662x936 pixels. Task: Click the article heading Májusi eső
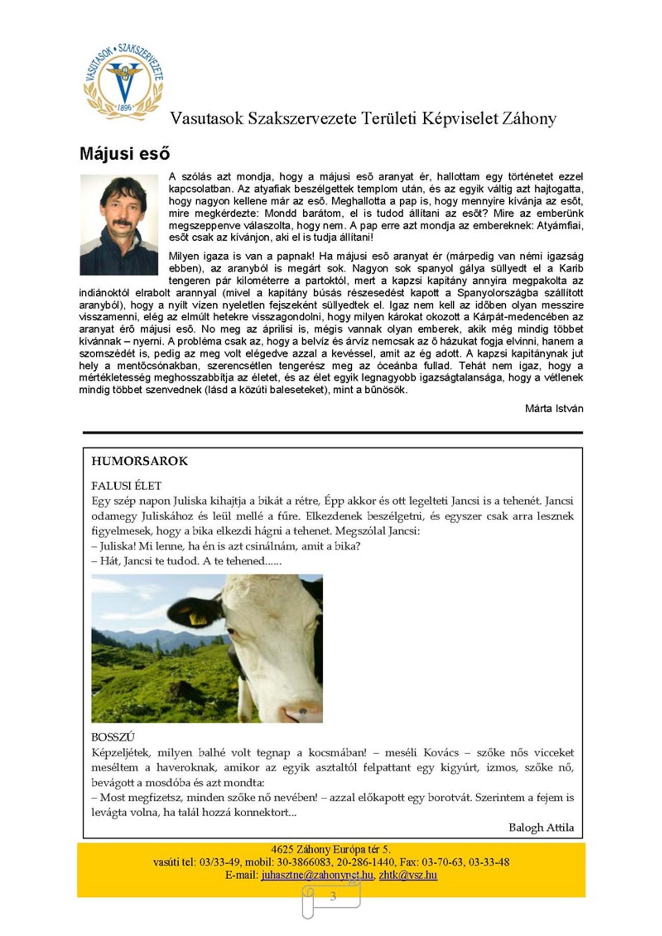(124, 154)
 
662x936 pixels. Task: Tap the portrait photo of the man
(119, 225)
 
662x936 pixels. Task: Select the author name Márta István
(554, 408)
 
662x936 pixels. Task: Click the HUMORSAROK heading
(139, 461)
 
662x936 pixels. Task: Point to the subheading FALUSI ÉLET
(126, 486)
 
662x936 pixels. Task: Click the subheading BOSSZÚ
(113, 737)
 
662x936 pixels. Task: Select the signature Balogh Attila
(541, 827)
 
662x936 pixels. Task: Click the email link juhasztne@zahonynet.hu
(317, 875)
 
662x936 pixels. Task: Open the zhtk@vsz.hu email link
(408, 875)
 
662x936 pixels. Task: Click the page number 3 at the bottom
(333, 896)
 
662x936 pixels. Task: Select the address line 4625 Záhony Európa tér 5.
(331, 850)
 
